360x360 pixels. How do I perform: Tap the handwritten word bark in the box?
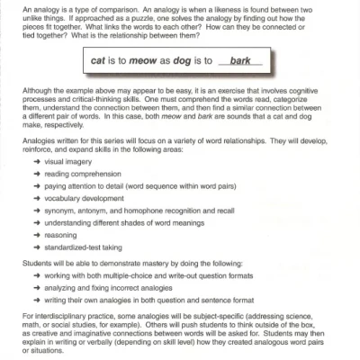240,61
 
